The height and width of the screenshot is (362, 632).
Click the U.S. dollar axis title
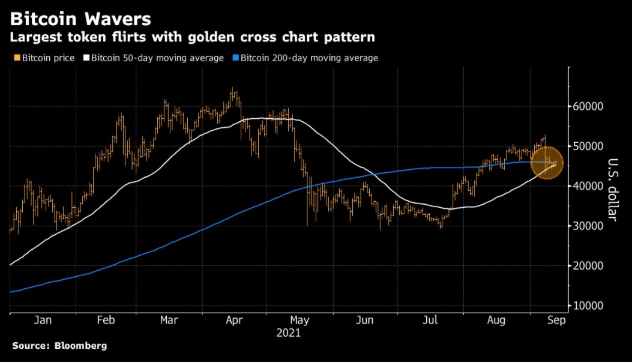[613, 189]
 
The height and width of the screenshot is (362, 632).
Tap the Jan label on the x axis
[43, 321]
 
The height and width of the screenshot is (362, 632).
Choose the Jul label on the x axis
[430, 321]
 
